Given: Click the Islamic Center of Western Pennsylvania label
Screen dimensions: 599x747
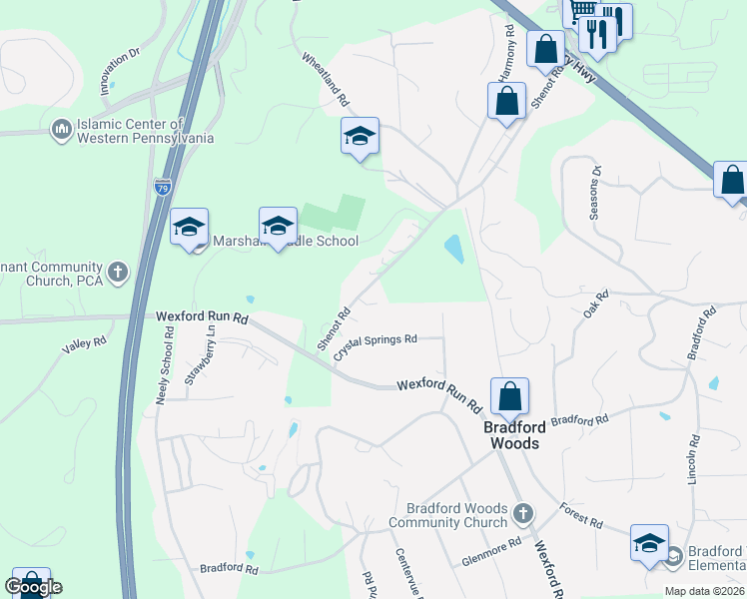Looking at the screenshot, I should click(x=146, y=131).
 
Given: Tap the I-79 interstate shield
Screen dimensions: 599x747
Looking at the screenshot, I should click(x=163, y=187).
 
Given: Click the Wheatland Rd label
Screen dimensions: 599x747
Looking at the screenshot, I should click(x=326, y=80).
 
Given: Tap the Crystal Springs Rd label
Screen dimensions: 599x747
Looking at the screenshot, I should click(x=374, y=347).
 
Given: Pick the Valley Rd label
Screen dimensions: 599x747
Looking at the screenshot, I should click(x=84, y=342).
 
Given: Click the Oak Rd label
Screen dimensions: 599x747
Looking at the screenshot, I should click(x=596, y=304).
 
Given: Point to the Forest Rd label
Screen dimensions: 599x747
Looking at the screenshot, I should click(x=581, y=515).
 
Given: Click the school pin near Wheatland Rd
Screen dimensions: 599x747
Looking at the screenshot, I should click(x=359, y=136).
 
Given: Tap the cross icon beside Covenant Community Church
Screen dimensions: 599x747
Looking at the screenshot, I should click(x=118, y=272).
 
